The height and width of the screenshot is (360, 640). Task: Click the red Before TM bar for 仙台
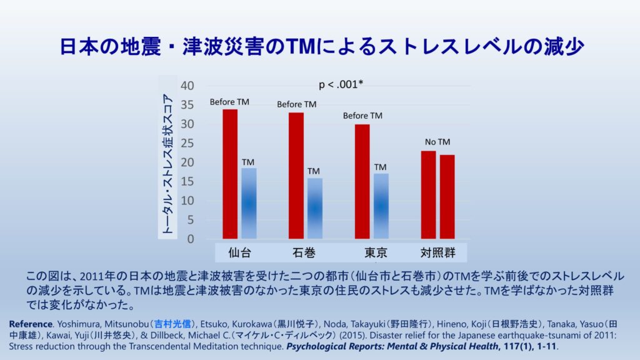(x=230, y=174)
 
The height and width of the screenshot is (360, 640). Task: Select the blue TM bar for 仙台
(x=249, y=203)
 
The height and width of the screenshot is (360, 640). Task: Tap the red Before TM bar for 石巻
(x=296, y=176)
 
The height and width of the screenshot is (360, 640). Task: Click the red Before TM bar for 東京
(x=362, y=181)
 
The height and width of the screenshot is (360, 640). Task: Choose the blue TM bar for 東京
(x=381, y=206)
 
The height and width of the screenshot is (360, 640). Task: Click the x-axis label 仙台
(x=240, y=253)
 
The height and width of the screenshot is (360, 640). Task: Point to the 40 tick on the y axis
(x=187, y=86)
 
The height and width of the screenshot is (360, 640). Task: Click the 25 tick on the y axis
(x=187, y=143)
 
